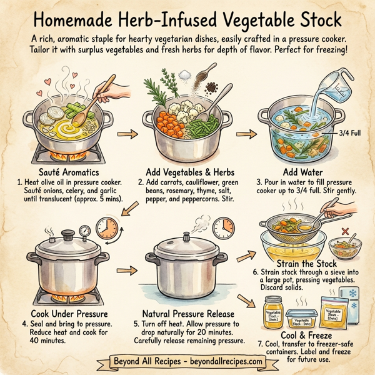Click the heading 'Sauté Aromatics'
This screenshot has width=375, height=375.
(x=62, y=170)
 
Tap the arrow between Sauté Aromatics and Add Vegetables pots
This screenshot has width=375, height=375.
(x=127, y=134)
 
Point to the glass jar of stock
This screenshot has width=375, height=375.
(x=273, y=312)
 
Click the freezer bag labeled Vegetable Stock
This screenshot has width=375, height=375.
(x=335, y=312)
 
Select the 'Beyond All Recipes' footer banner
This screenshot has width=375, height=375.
(x=187, y=361)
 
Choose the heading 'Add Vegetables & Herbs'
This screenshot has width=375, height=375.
(x=185, y=170)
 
